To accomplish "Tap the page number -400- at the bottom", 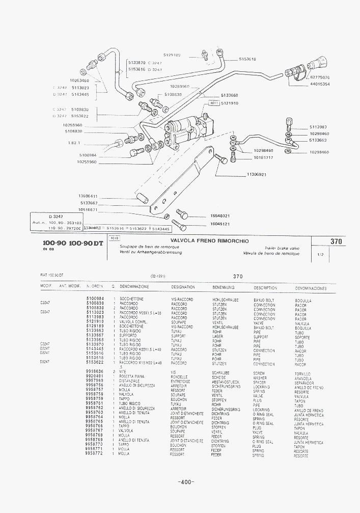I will (185, 482).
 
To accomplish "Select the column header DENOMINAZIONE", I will (133, 287).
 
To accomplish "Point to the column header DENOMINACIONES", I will (311, 288).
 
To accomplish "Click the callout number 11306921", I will (257, 174).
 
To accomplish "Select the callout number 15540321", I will (220, 215).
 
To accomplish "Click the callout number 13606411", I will (88, 196).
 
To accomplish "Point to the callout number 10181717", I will (263, 157).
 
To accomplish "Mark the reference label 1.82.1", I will (74, 143).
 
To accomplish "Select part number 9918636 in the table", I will (95, 372).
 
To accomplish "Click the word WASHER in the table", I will (260, 378).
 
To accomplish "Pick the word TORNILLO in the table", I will (303, 374).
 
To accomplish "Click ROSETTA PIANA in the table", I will (132, 376).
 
